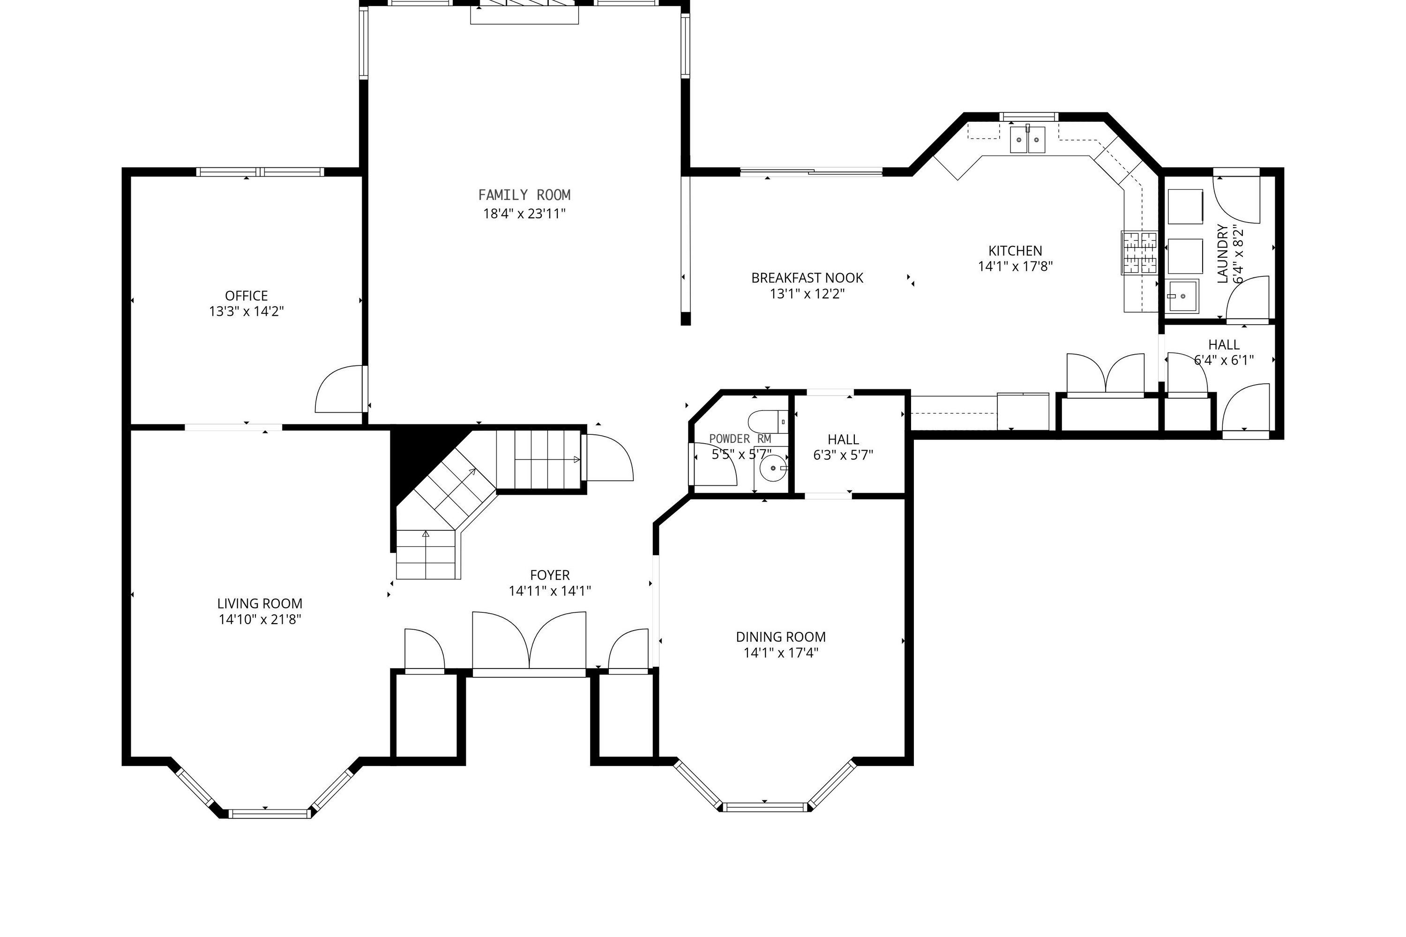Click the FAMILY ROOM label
524,195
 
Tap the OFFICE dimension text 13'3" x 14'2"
247,312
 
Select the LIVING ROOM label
260,603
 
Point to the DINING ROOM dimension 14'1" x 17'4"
781,653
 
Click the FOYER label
550,575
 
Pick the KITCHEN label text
1015,251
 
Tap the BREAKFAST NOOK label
807,278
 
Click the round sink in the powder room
774,468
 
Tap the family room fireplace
524,13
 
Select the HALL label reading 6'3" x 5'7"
843,447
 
